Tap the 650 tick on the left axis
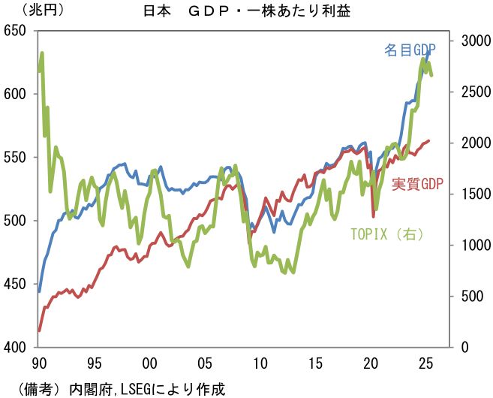click(x=15, y=31)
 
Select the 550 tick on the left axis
click(x=15, y=158)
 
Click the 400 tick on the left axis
click(x=15, y=347)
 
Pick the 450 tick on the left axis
click(x=15, y=284)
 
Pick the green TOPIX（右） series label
click(x=388, y=234)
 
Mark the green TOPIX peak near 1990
click(x=42, y=53)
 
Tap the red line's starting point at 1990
click(x=39, y=330)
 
